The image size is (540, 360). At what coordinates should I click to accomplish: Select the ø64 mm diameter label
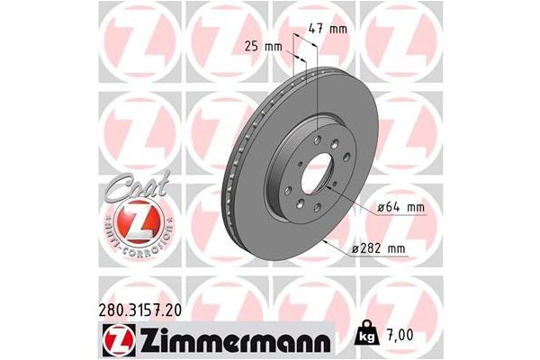pyautogui.click(x=400, y=209)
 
